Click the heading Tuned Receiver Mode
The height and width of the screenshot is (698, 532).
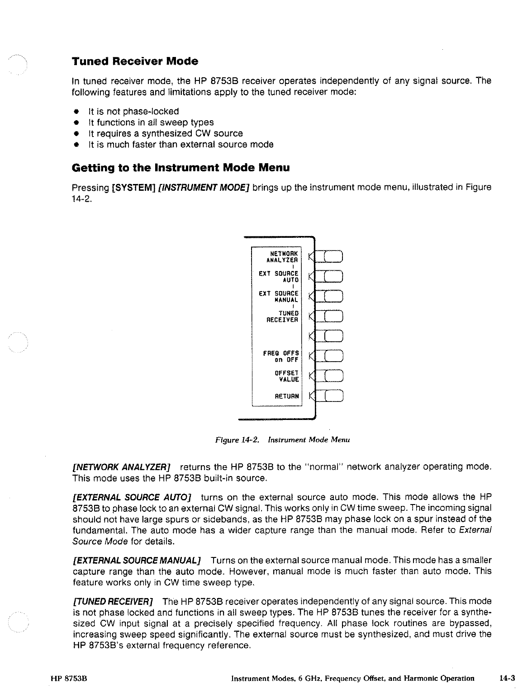[x=135, y=61]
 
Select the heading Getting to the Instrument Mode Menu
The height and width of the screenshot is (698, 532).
[x=180, y=168]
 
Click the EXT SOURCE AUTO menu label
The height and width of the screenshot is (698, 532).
[x=279, y=277]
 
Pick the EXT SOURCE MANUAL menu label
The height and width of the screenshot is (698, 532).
[x=279, y=297]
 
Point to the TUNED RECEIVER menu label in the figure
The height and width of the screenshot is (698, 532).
[x=282, y=316]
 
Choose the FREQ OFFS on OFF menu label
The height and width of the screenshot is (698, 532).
[x=281, y=357]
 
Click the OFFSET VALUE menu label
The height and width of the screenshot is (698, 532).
[x=287, y=376]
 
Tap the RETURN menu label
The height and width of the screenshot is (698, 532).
[x=287, y=396]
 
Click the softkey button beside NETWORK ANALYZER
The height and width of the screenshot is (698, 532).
[x=334, y=256]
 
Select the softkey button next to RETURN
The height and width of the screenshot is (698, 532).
[x=334, y=396]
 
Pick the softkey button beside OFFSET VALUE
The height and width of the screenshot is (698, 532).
[x=334, y=376]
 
